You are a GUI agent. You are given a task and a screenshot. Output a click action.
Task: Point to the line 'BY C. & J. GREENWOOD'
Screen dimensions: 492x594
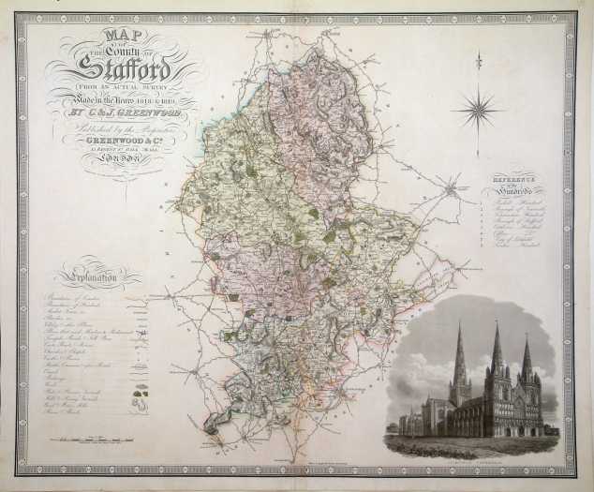[122, 116]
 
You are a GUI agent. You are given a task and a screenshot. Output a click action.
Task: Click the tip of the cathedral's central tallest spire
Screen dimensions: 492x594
[496, 324]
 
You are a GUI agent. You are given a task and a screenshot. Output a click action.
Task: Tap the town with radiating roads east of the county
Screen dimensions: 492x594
[452, 190]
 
